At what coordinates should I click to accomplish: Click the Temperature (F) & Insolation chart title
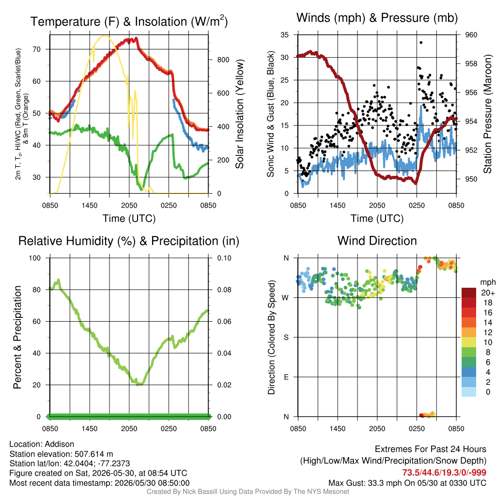point(129,21)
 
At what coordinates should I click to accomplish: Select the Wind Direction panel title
point(377,241)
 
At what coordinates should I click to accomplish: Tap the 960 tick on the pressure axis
point(471,35)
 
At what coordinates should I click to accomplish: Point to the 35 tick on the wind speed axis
point(285,35)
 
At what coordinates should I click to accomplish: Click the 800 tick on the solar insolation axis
point(223,60)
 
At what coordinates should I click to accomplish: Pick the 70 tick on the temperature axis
point(37,49)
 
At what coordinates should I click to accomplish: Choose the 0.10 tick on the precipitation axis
point(224,258)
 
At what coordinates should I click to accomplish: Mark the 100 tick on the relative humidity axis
point(35,258)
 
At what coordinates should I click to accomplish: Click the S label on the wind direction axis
point(286,338)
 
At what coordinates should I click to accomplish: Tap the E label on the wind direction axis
point(286,377)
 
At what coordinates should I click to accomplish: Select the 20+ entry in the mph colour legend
point(488,293)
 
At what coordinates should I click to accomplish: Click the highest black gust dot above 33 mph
point(421,43)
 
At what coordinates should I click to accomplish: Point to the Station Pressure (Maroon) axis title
point(487,114)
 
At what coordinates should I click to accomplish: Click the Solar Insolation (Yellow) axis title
point(240,114)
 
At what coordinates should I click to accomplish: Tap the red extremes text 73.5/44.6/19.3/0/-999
point(444,473)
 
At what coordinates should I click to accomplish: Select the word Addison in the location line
point(60,444)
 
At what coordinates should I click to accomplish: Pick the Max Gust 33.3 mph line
point(407,483)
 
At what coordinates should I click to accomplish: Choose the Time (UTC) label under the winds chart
point(377,218)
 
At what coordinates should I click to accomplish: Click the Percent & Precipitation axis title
point(17,337)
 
